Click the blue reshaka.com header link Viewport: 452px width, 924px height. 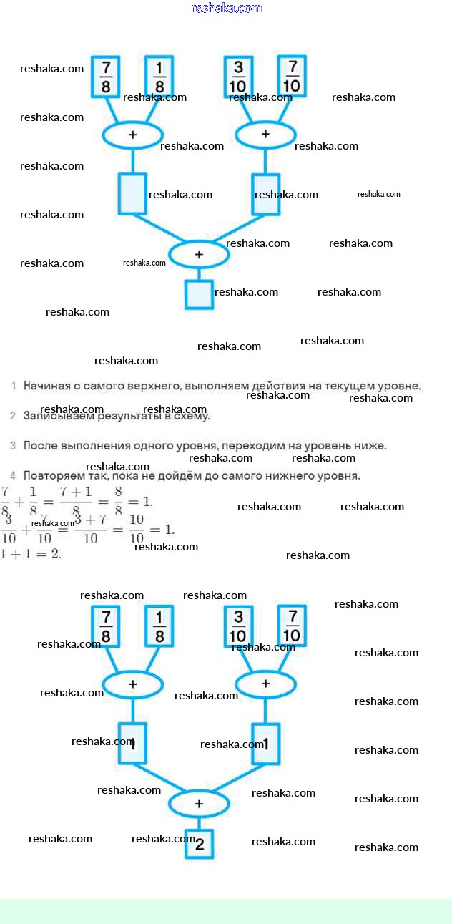[227, 9]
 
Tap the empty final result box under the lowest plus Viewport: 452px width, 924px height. [199, 293]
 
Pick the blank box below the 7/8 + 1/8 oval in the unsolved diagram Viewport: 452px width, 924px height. [132, 194]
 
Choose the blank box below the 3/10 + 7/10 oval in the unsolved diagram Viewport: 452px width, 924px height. [265, 194]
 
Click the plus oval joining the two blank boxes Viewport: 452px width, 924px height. [199, 254]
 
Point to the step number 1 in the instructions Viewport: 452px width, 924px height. [14, 386]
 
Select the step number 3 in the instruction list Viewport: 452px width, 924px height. [14, 446]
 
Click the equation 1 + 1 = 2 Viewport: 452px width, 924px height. [31, 554]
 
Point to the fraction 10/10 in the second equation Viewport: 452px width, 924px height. [136, 530]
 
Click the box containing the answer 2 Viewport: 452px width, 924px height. [199, 843]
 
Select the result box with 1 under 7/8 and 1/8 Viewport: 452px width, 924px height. [132, 744]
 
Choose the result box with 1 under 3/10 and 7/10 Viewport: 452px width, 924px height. [265, 744]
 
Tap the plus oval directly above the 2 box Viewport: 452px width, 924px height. [199, 804]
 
